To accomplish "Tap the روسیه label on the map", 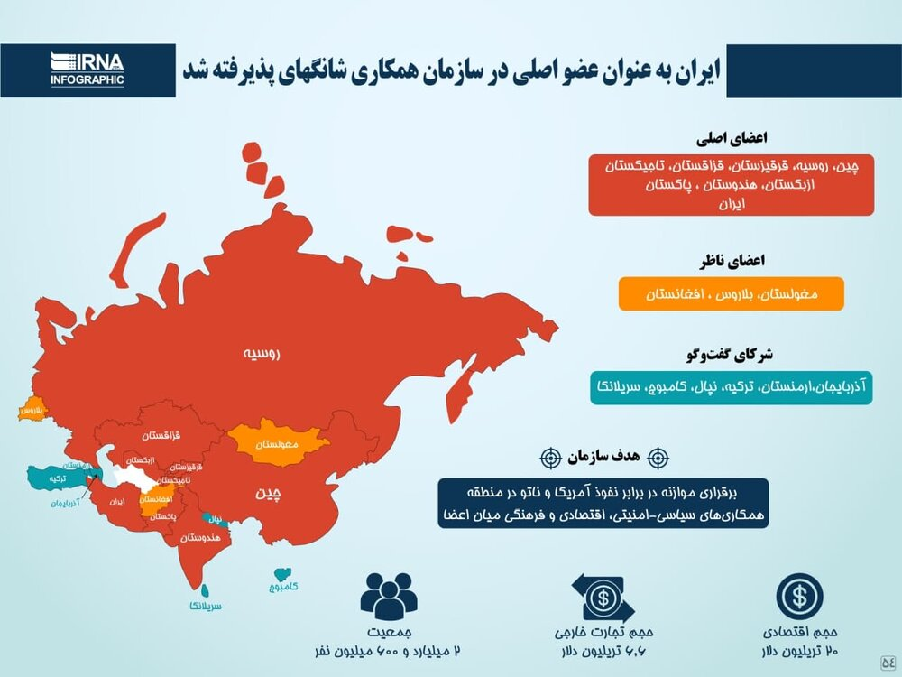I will coord(262,354).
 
